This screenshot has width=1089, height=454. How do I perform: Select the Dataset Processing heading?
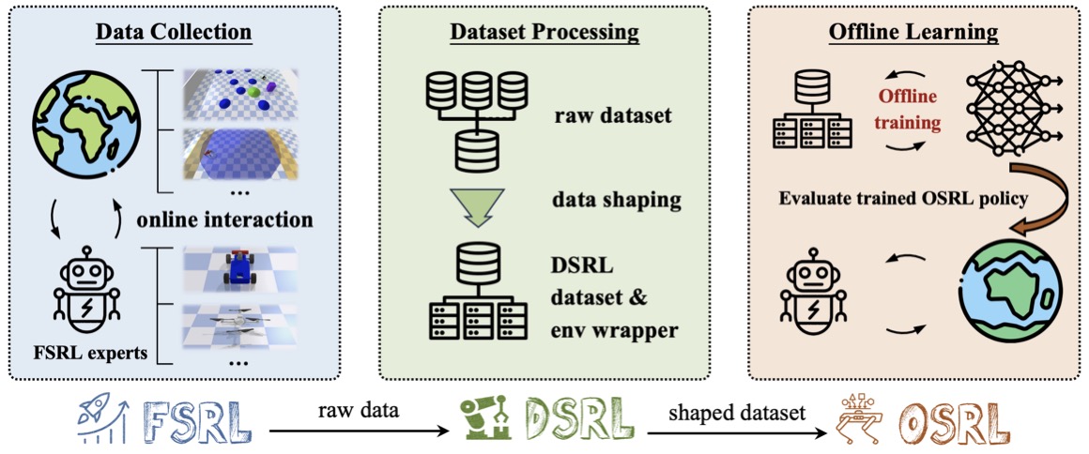click(544, 32)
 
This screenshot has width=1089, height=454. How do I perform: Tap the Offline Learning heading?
click(913, 32)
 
